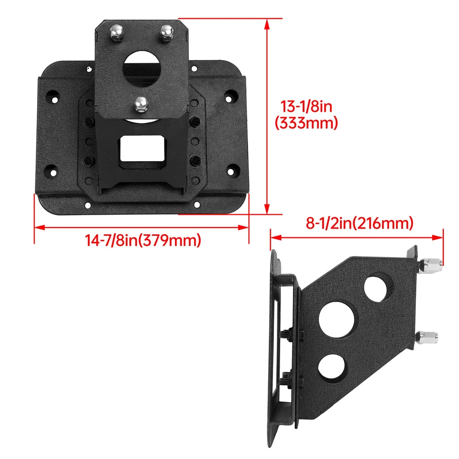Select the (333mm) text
[306, 123]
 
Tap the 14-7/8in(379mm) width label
[142, 240]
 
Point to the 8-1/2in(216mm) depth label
[359, 223]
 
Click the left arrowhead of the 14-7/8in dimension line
[37, 228]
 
